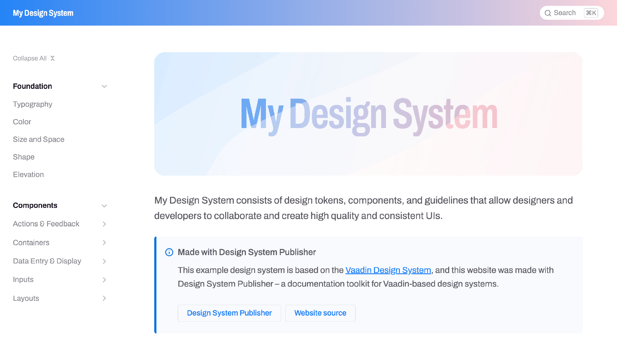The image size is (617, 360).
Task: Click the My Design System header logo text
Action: click(x=43, y=13)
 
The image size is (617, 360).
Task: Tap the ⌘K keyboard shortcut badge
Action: click(x=591, y=13)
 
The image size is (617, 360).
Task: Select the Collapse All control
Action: click(x=34, y=58)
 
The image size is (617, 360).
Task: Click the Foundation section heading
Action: click(x=32, y=86)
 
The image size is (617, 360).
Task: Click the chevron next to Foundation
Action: click(x=104, y=86)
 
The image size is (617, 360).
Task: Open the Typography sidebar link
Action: click(x=32, y=104)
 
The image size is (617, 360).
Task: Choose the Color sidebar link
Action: click(x=22, y=122)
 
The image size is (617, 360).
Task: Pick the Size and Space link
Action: click(x=39, y=139)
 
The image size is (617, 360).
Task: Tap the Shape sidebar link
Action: click(x=23, y=157)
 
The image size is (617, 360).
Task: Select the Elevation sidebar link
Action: click(x=28, y=175)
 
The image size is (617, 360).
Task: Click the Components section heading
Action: click(x=35, y=205)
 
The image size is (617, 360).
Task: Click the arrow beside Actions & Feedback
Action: click(x=104, y=224)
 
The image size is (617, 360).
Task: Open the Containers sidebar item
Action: click(x=31, y=243)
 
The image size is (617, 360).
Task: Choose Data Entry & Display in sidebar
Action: click(x=47, y=261)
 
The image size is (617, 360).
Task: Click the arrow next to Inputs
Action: click(x=104, y=280)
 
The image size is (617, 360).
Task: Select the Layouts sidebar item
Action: click(x=26, y=298)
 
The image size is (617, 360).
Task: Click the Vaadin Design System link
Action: click(x=388, y=270)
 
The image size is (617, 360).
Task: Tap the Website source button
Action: click(x=320, y=313)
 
